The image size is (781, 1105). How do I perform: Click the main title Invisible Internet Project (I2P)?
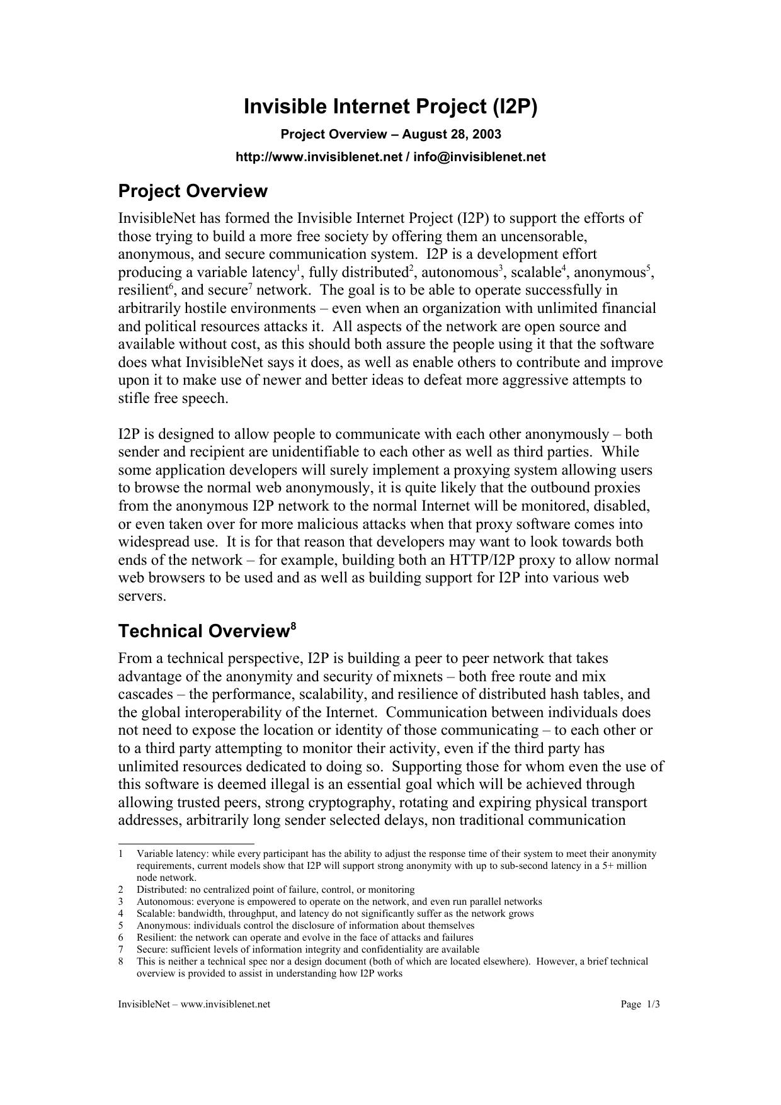(x=390, y=107)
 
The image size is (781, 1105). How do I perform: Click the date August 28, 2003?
(x=452, y=134)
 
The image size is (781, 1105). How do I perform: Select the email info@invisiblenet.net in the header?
(x=479, y=157)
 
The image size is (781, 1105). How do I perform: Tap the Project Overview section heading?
(x=193, y=191)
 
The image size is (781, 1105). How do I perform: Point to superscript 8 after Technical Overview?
(x=293, y=625)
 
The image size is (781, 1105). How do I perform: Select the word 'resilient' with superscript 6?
(x=143, y=291)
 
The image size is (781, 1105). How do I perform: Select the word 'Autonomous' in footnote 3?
(x=160, y=902)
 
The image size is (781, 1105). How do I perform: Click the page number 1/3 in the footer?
(x=653, y=1004)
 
